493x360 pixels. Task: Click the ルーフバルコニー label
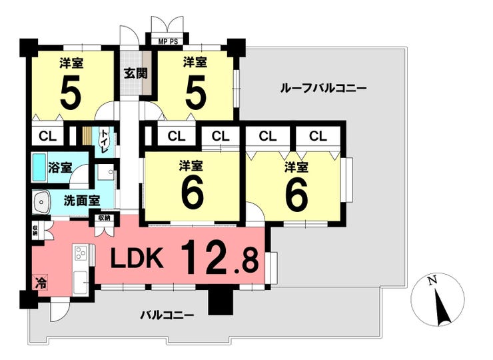324,87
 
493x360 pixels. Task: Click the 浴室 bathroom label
61,167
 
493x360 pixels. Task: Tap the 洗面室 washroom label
82,199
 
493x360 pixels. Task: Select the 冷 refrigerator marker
41,283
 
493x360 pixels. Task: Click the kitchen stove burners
81,254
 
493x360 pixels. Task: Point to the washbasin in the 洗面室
42,201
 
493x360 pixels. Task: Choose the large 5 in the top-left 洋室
71,93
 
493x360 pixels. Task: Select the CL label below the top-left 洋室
47,136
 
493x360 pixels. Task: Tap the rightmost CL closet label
318,136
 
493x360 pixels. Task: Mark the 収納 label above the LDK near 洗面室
103,218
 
